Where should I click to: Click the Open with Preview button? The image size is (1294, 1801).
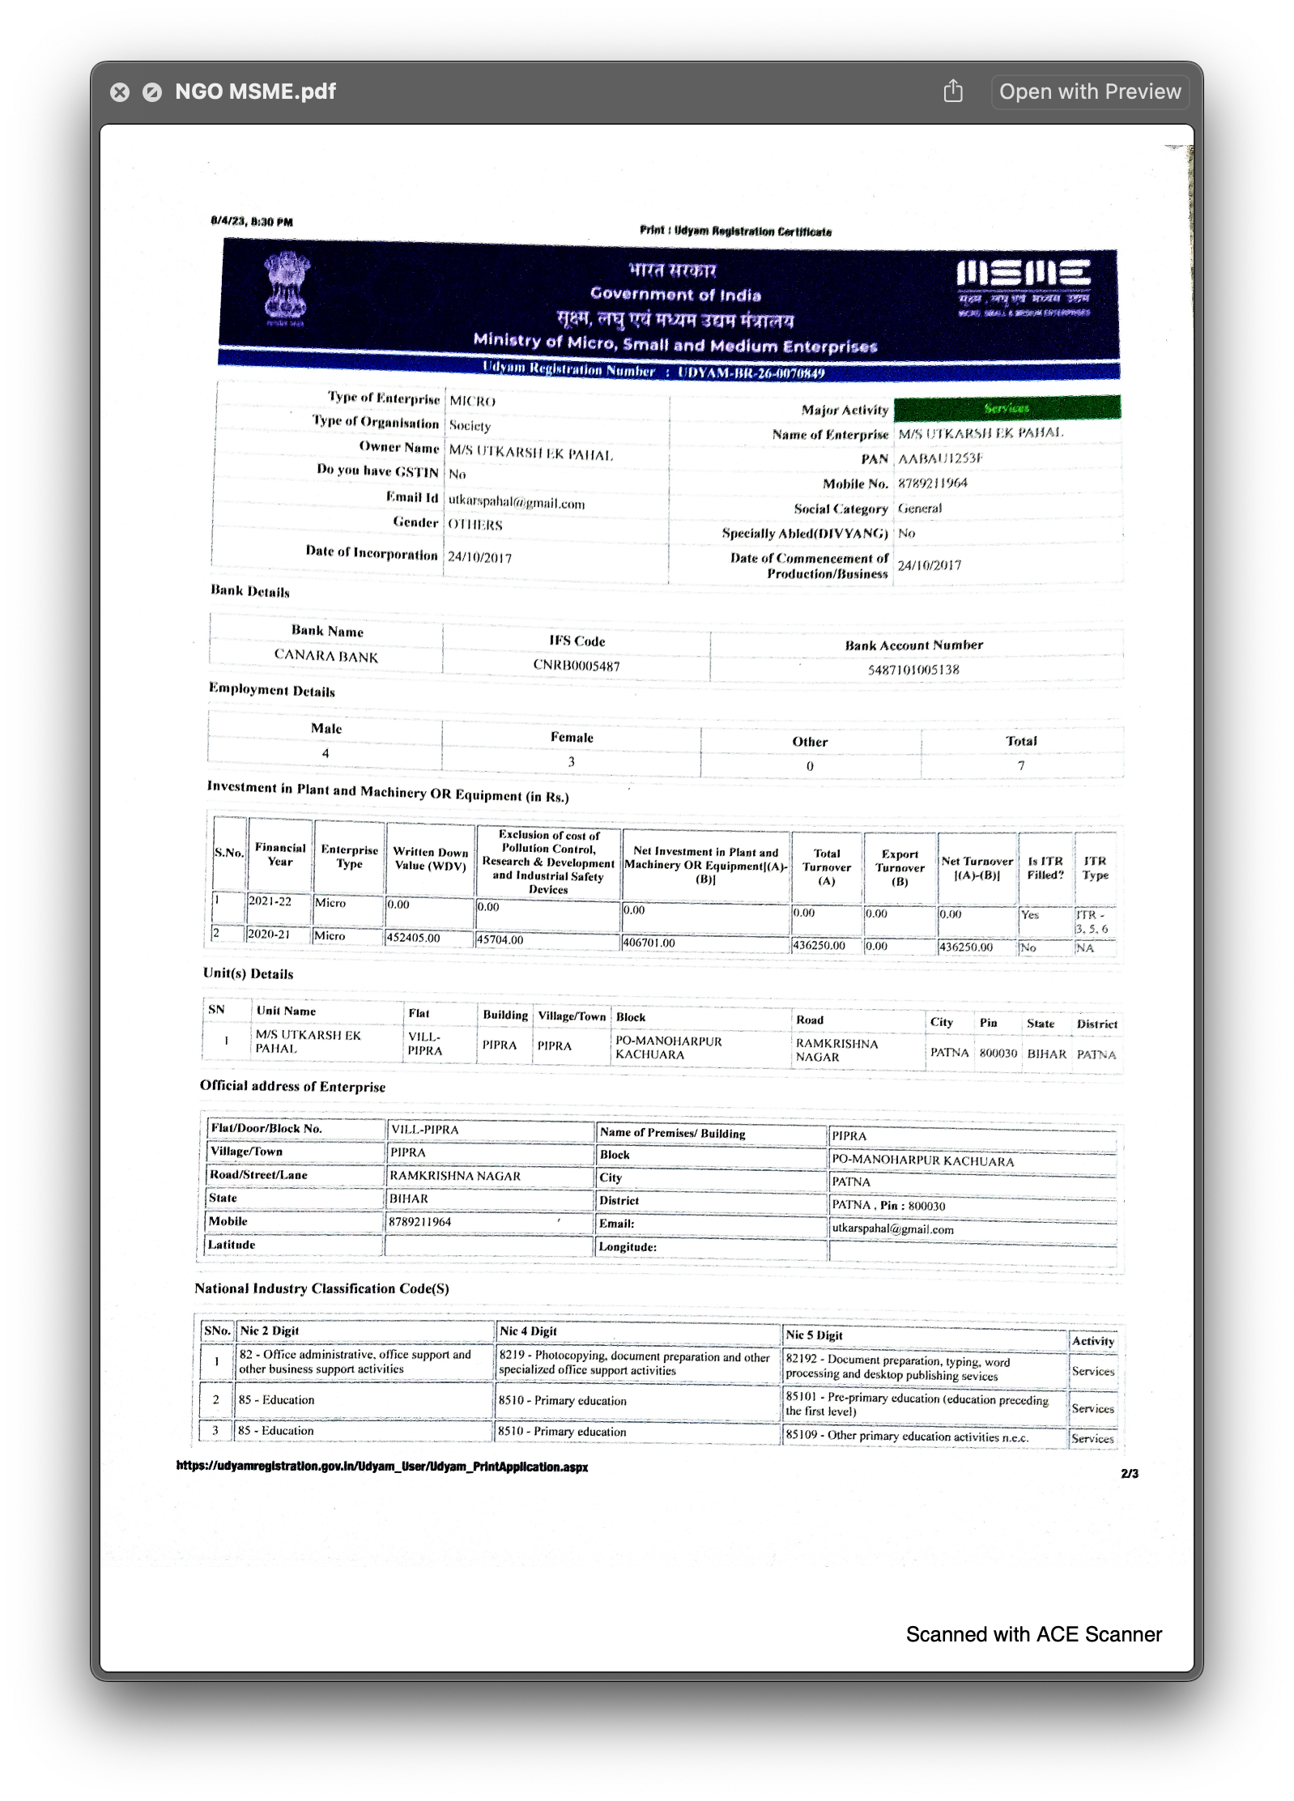point(1089,92)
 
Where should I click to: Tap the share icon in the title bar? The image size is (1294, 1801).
point(953,92)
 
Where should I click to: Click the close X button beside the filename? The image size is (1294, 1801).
point(120,92)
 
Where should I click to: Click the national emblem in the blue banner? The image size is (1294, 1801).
point(287,287)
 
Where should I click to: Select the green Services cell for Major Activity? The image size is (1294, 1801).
point(1007,408)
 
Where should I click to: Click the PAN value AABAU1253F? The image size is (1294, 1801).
point(940,458)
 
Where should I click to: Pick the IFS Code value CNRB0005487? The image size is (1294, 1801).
point(576,666)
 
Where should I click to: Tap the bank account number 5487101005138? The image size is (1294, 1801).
point(913,670)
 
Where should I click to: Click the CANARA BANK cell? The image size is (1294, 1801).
point(326,656)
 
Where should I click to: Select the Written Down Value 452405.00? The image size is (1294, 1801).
point(414,938)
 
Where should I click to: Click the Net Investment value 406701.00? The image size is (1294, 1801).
point(649,943)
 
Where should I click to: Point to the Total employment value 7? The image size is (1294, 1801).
point(1021,765)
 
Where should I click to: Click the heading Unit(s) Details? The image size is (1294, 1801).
point(248,973)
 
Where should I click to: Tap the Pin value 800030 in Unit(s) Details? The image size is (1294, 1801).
point(998,1053)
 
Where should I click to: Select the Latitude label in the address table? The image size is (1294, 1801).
point(232,1245)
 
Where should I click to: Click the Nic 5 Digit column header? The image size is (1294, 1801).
point(814,1335)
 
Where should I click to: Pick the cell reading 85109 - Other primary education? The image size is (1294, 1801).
point(907,1436)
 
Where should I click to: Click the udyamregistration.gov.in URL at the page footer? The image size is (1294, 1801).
point(382,1467)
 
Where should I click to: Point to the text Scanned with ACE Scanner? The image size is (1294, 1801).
point(1033,1634)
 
